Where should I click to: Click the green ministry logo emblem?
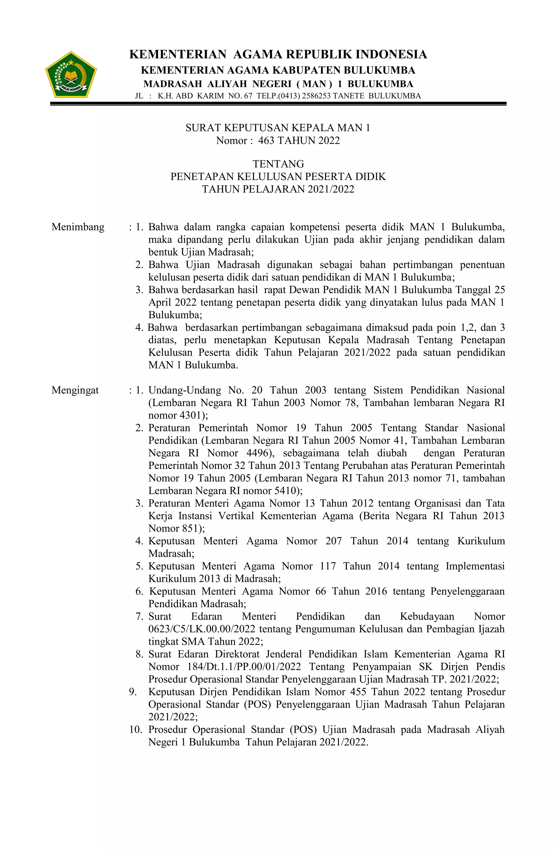pos(70,75)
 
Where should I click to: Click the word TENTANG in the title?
pos(278,164)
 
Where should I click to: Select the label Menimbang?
pos(78,227)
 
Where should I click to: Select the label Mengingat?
pos(75,390)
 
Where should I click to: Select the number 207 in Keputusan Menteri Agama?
pos(333,541)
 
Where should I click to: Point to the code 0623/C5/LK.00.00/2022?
pos(202,629)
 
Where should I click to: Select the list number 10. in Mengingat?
pos(136,730)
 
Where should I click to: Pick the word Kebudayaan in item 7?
pos(427,617)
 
